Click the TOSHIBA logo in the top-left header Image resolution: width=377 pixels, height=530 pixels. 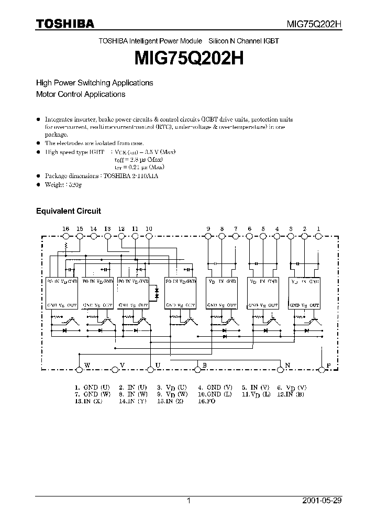(65, 24)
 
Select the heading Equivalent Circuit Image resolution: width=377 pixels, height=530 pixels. (68, 211)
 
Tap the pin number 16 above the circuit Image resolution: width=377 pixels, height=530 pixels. (65, 229)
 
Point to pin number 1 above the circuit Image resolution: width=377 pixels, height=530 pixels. (318, 229)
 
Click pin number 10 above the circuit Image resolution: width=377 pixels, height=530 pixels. (149, 229)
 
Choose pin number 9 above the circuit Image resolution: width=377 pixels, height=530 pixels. (208, 229)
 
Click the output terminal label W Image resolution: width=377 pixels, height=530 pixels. (87, 365)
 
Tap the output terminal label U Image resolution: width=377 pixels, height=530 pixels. (157, 365)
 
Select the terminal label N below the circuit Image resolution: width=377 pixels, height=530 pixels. (287, 365)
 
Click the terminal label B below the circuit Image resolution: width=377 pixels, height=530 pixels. (204, 365)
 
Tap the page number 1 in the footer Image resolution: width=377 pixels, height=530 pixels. (188, 501)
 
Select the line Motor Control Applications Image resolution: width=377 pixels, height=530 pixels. (80, 95)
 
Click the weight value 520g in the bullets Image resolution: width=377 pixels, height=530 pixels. (75, 185)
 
